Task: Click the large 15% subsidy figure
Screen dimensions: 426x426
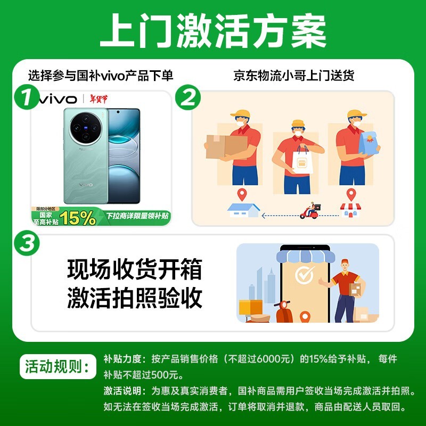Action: (78, 217)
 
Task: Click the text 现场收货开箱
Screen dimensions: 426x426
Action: (135, 270)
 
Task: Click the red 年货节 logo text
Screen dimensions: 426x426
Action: (99, 99)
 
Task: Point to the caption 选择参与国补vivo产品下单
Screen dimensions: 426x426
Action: (101, 76)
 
